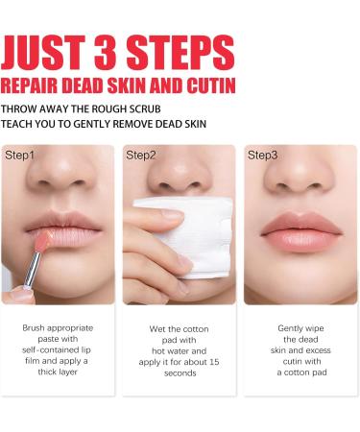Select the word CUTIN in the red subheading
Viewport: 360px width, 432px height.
pos(208,85)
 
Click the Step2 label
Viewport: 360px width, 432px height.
pos(142,155)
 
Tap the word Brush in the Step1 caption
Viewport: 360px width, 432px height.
pos(33,328)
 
